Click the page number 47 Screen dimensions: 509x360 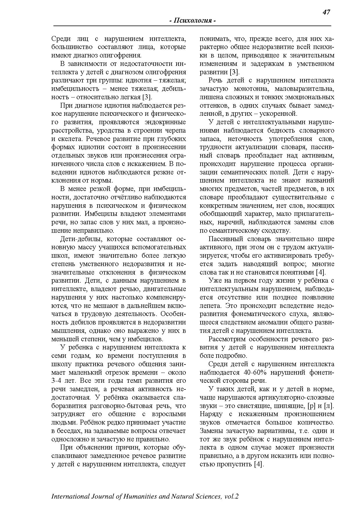coord(326,12)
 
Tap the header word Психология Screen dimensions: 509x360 coord(192,21)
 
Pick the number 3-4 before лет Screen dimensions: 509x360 coord(57,381)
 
